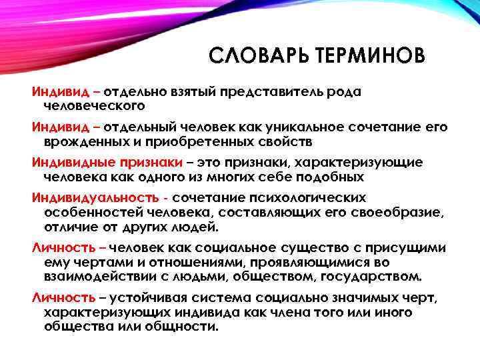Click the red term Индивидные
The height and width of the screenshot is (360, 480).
[67, 163]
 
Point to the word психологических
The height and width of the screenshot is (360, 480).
[312, 199]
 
